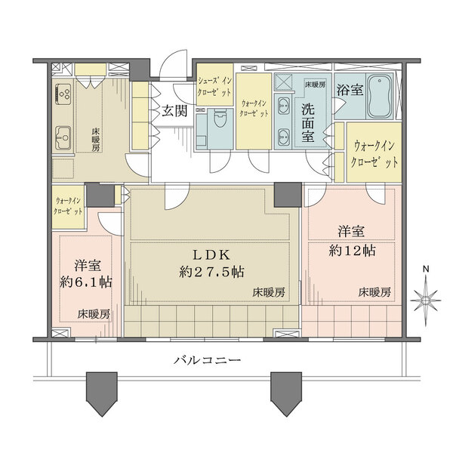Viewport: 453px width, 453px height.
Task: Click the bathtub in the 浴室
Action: pyautogui.click(x=379, y=97)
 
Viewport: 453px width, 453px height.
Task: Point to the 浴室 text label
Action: pyautogui.click(x=350, y=90)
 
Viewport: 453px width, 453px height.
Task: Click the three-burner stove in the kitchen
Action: pyautogui.click(x=63, y=96)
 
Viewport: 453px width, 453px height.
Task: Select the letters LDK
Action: pyautogui.click(x=199, y=254)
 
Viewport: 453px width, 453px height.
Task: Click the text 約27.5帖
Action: pyautogui.click(x=211, y=273)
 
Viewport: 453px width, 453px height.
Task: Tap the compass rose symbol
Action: pyautogui.click(x=426, y=300)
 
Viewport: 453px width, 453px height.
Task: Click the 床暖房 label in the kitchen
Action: pyautogui.click(x=96, y=140)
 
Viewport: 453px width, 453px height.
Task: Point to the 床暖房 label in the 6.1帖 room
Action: pyautogui.click(x=92, y=313)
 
